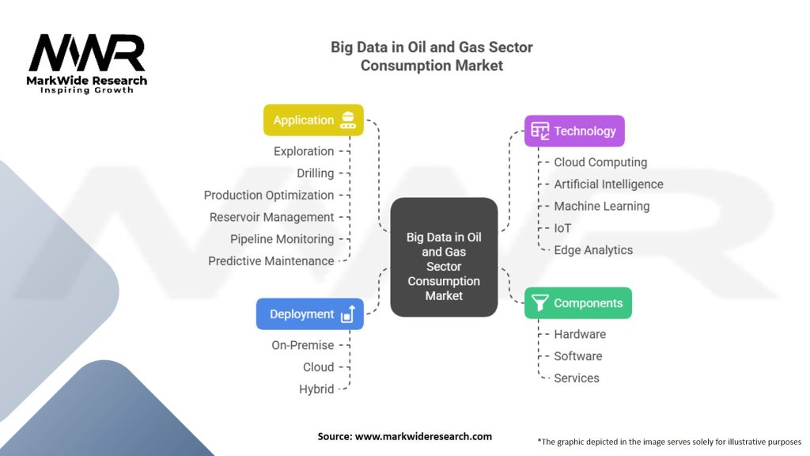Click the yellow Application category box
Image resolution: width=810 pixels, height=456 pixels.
313,120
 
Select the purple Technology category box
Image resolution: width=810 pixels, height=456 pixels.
574,131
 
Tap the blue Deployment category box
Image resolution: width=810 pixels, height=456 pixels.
310,313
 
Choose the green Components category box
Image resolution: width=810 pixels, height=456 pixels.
578,303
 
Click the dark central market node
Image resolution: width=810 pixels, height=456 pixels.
444,257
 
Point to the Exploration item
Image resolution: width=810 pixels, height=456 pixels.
304,151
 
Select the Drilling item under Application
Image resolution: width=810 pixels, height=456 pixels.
315,173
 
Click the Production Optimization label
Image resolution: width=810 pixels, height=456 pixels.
269,196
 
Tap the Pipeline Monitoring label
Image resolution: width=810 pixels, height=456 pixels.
282,239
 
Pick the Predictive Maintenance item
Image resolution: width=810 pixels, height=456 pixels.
271,261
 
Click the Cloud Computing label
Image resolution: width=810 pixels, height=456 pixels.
600,162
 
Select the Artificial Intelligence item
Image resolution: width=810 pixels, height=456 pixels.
608,184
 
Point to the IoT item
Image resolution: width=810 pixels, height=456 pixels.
562,228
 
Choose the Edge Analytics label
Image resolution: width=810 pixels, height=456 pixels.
593,250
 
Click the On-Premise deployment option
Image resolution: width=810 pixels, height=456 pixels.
303,345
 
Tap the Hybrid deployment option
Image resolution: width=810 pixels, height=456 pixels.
316,389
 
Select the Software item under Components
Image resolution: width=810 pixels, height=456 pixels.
578,356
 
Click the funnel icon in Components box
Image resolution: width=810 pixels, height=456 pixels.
539,303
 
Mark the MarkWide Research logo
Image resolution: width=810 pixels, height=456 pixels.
87,63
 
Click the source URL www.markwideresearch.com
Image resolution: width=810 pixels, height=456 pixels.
424,436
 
